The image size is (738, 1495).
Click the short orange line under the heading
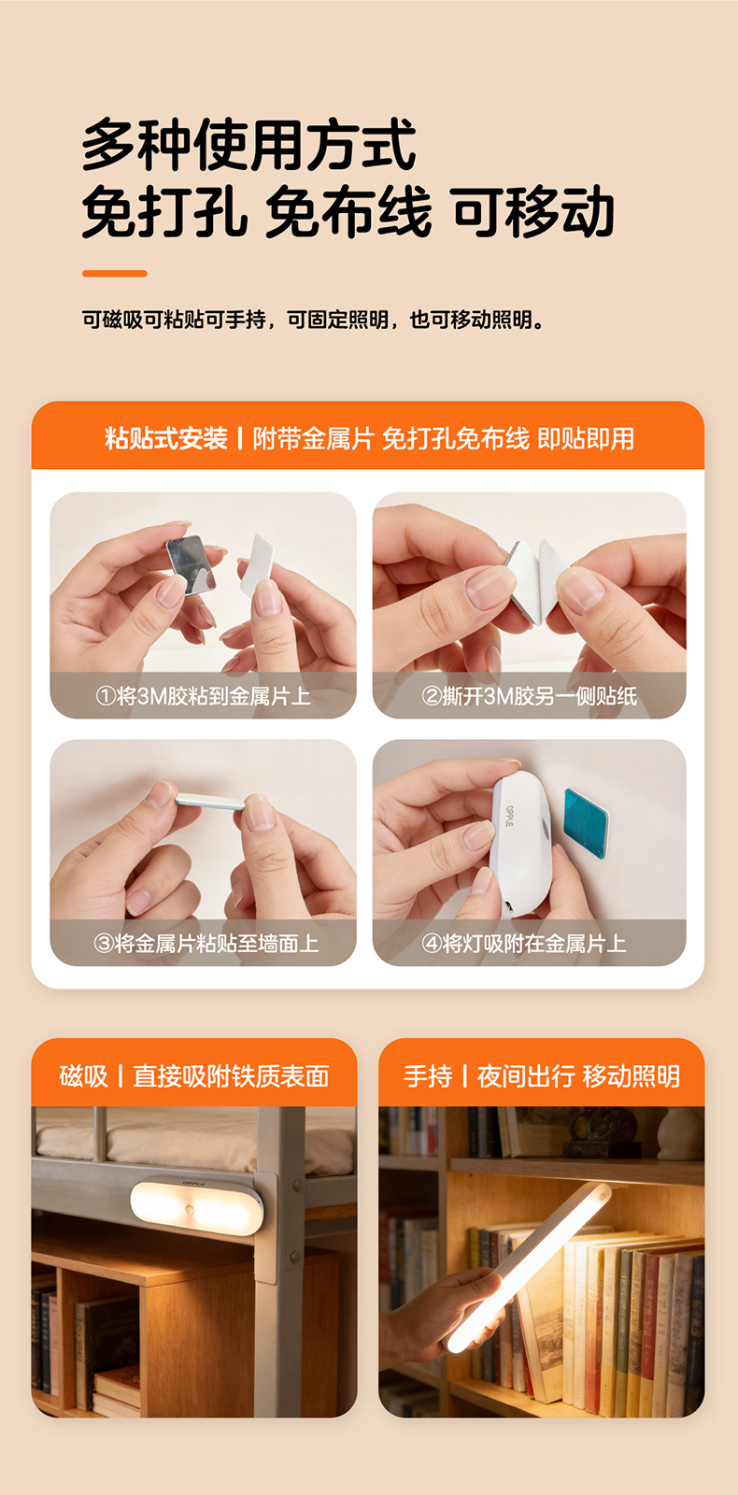115,274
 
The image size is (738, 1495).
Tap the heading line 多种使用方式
248,145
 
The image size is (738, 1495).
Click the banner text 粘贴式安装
166,438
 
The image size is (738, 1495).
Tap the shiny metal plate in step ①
191,564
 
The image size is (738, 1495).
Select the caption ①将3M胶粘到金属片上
203,696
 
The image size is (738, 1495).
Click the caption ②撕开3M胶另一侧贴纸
529,696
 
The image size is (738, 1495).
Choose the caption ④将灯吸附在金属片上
524,943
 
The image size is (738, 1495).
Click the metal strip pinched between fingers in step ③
210,801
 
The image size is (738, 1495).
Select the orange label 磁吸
83,1075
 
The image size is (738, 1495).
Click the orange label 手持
428,1075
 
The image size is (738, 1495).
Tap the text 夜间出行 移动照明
578,1075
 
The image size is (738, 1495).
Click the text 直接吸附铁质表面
231,1075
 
